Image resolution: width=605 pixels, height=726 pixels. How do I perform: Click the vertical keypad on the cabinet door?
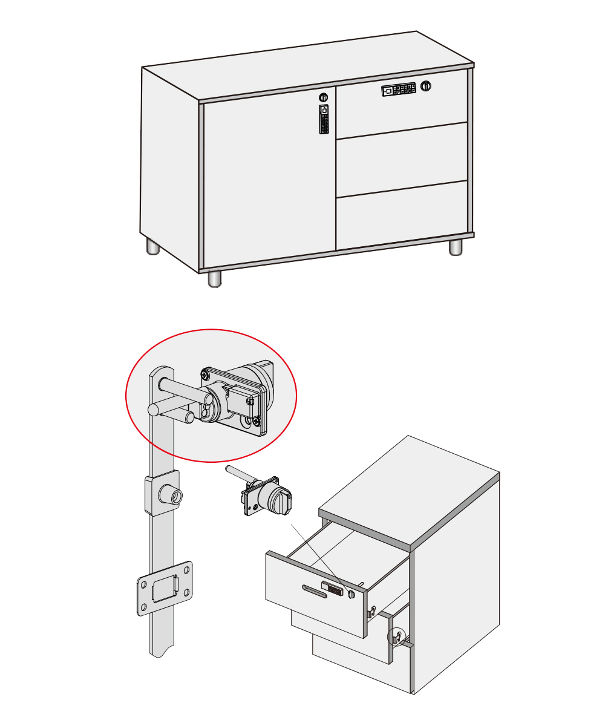coord(324,119)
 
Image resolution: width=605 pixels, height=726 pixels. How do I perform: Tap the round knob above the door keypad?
coord(324,97)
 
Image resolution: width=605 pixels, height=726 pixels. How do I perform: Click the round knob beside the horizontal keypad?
coord(426,86)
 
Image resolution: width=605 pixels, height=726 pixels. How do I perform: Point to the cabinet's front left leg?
coord(214,278)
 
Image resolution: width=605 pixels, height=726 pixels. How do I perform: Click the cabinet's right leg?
coord(456,247)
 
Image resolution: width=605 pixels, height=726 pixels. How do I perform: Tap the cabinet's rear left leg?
coord(152,246)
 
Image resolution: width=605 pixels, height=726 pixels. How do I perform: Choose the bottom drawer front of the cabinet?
coord(402,217)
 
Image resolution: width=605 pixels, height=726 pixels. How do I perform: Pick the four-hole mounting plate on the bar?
coord(165,588)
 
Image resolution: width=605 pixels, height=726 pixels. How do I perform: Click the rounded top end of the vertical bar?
coord(161,372)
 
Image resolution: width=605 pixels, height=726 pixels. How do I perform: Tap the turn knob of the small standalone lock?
coord(280,500)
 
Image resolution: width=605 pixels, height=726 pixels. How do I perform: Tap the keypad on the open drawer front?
coord(333,588)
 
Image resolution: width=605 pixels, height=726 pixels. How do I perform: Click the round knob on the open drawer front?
coord(352,595)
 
